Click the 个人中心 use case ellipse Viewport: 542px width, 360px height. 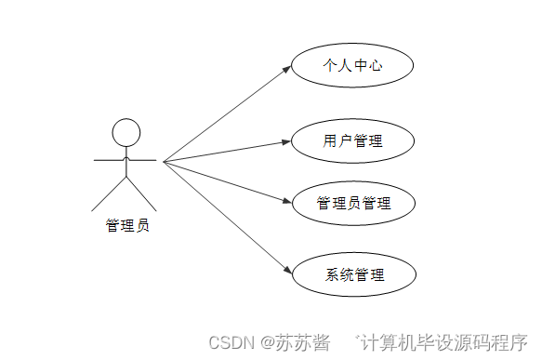coord(352,67)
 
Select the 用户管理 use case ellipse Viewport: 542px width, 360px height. coord(352,141)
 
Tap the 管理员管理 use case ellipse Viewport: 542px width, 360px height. coord(352,204)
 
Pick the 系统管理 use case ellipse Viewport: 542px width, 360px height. coord(352,275)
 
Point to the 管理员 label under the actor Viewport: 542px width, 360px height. coord(126,225)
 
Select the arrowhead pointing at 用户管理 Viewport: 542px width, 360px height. coord(286,141)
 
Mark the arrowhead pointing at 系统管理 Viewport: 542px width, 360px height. coord(286,271)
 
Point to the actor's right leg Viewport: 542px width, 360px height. coord(142,193)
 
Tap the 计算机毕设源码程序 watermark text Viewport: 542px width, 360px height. coord(444,342)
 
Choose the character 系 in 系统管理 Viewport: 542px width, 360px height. coord(332,275)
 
